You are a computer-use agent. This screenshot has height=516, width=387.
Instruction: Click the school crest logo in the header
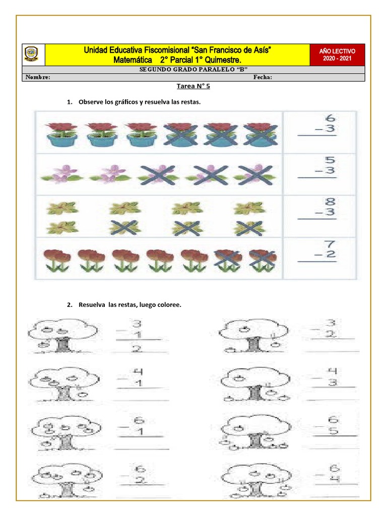[31, 54]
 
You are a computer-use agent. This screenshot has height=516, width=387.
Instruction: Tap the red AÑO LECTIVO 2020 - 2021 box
[337, 54]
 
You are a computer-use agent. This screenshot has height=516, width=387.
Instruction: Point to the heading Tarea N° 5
[193, 86]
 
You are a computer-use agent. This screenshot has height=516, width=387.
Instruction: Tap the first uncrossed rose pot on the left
[61, 134]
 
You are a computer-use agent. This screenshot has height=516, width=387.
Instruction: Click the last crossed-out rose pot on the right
[260, 135]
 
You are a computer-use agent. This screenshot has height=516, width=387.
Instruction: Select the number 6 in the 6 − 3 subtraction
[330, 119]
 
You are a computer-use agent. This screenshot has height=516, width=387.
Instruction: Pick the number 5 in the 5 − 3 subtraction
[330, 160]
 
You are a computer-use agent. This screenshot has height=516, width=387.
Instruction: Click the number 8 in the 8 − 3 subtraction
[330, 203]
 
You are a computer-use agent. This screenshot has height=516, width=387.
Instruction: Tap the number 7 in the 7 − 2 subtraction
[330, 244]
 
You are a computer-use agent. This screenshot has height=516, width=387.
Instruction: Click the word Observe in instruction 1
[91, 102]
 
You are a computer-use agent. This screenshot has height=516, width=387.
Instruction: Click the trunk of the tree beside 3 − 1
[62, 345]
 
